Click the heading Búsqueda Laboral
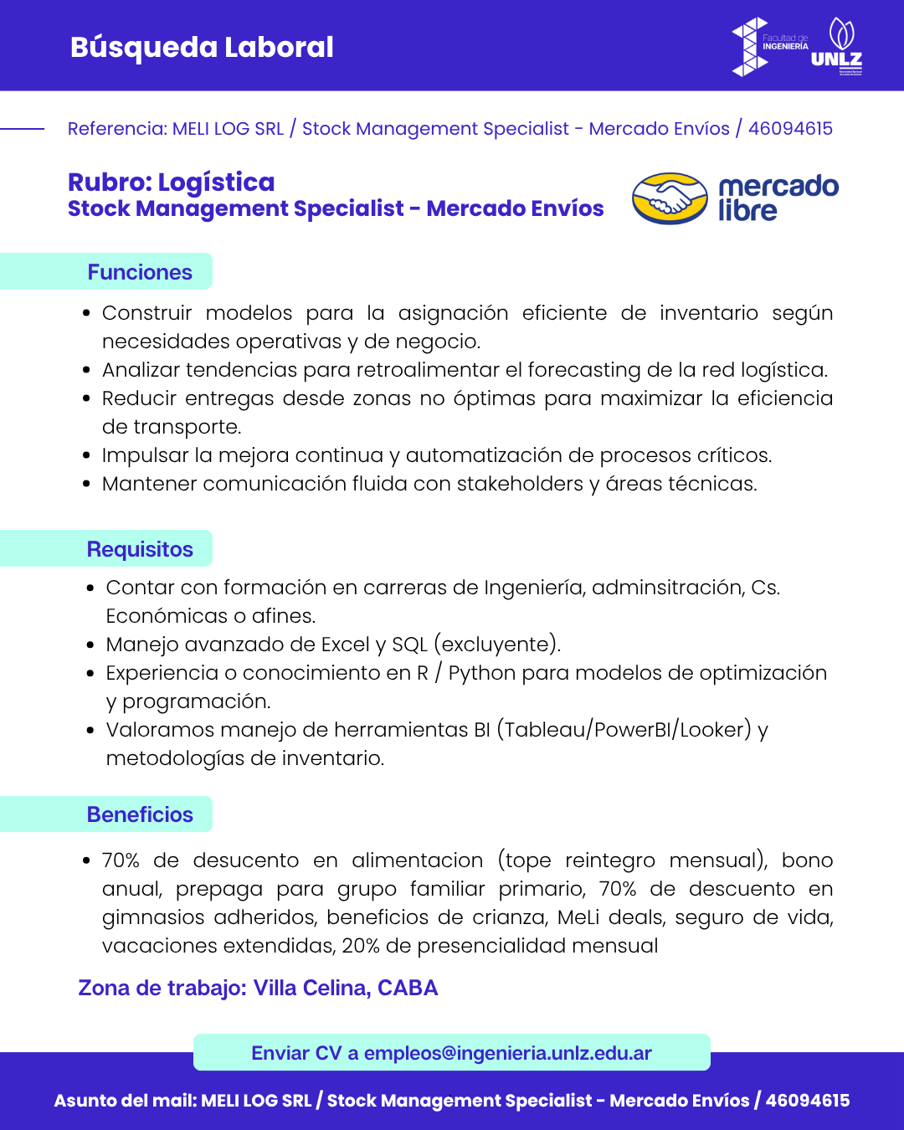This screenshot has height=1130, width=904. [x=202, y=47]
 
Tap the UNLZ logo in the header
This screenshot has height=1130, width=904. [x=838, y=46]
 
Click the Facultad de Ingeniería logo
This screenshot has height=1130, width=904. [x=769, y=46]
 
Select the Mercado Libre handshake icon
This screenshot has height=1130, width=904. [x=670, y=198]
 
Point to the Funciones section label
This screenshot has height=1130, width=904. [x=140, y=272]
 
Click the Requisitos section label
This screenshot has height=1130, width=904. [x=140, y=549]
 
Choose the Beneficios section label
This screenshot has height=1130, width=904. [x=140, y=814]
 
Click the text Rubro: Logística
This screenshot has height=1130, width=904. [x=171, y=182]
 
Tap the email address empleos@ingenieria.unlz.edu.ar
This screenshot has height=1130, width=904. [x=507, y=1053]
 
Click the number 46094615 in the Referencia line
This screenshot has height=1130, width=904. [x=790, y=128]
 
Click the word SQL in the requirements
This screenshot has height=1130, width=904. [x=409, y=645]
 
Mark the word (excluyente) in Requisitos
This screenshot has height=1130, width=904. [x=497, y=645]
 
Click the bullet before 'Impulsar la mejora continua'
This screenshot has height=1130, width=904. [x=86, y=455]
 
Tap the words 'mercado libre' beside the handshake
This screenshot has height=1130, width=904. [x=778, y=198]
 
